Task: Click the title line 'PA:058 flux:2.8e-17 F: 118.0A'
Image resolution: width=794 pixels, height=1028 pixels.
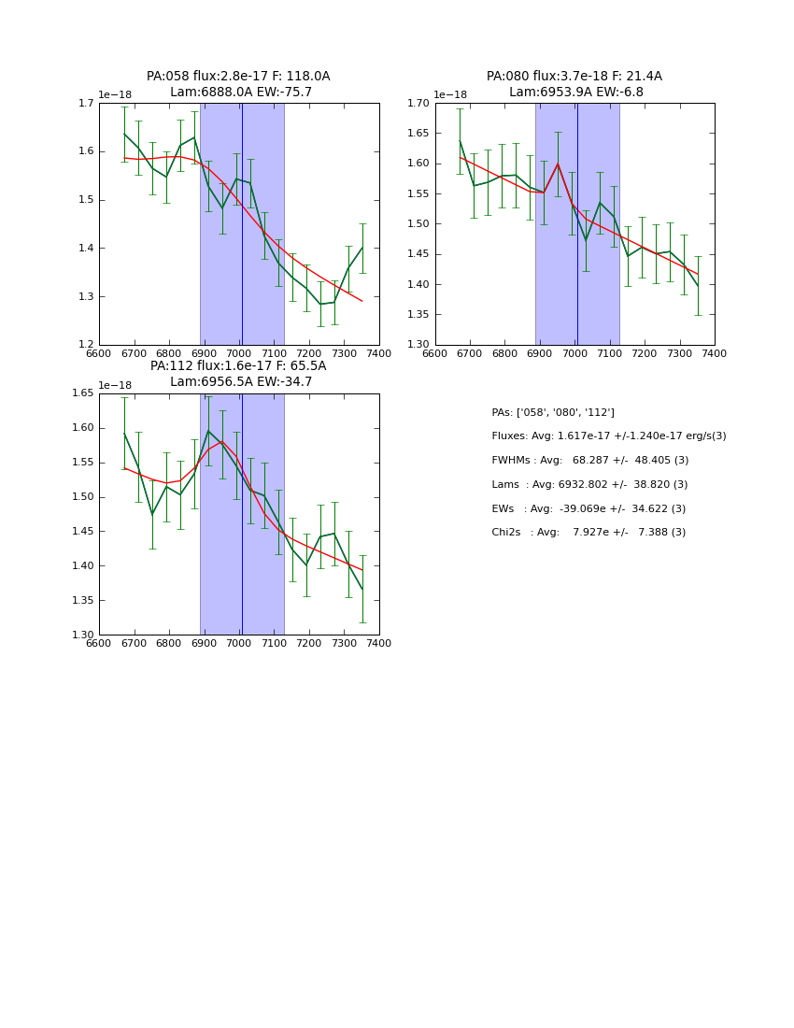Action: tap(238, 77)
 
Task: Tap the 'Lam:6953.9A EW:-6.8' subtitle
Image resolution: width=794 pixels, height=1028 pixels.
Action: tap(575, 93)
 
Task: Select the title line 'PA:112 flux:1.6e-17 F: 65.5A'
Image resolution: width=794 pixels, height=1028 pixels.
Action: tap(238, 366)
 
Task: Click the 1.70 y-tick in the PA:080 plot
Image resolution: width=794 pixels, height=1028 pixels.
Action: tap(418, 103)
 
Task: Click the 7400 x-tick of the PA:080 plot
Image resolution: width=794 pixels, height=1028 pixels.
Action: tap(714, 354)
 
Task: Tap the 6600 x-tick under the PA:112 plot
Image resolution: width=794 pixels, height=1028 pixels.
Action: tap(99, 644)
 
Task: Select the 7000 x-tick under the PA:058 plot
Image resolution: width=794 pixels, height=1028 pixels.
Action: tap(239, 354)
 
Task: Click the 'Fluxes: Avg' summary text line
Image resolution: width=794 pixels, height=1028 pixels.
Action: tap(608, 436)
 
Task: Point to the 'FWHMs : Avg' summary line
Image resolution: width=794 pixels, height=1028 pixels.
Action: tap(589, 461)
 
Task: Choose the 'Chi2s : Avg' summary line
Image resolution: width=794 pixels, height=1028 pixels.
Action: tap(588, 533)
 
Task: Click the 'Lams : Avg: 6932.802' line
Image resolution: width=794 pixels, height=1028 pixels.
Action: tap(589, 485)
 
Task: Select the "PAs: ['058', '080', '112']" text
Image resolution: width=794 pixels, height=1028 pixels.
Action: tap(553, 412)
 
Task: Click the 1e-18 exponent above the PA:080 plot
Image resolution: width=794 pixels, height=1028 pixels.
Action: tap(449, 94)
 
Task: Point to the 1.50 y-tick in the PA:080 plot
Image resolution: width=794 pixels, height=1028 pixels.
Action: tap(418, 224)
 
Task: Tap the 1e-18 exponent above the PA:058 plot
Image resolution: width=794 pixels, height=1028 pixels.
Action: tap(115, 94)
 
